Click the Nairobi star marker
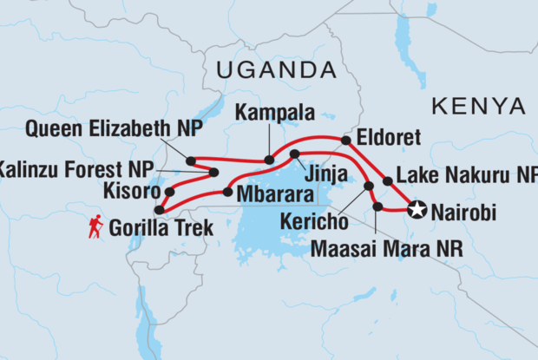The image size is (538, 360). [x=417, y=209]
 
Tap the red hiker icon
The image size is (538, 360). [x=95, y=226]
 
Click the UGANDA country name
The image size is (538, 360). [x=277, y=69]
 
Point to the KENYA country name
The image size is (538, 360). [x=478, y=106]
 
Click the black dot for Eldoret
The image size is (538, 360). [x=345, y=140]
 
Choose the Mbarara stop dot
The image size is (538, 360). [x=226, y=192]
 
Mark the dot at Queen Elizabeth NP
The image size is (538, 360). [x=190, y=160]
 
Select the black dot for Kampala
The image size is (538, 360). [x=269, y=160]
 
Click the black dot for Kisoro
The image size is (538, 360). [x=170, y=192]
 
